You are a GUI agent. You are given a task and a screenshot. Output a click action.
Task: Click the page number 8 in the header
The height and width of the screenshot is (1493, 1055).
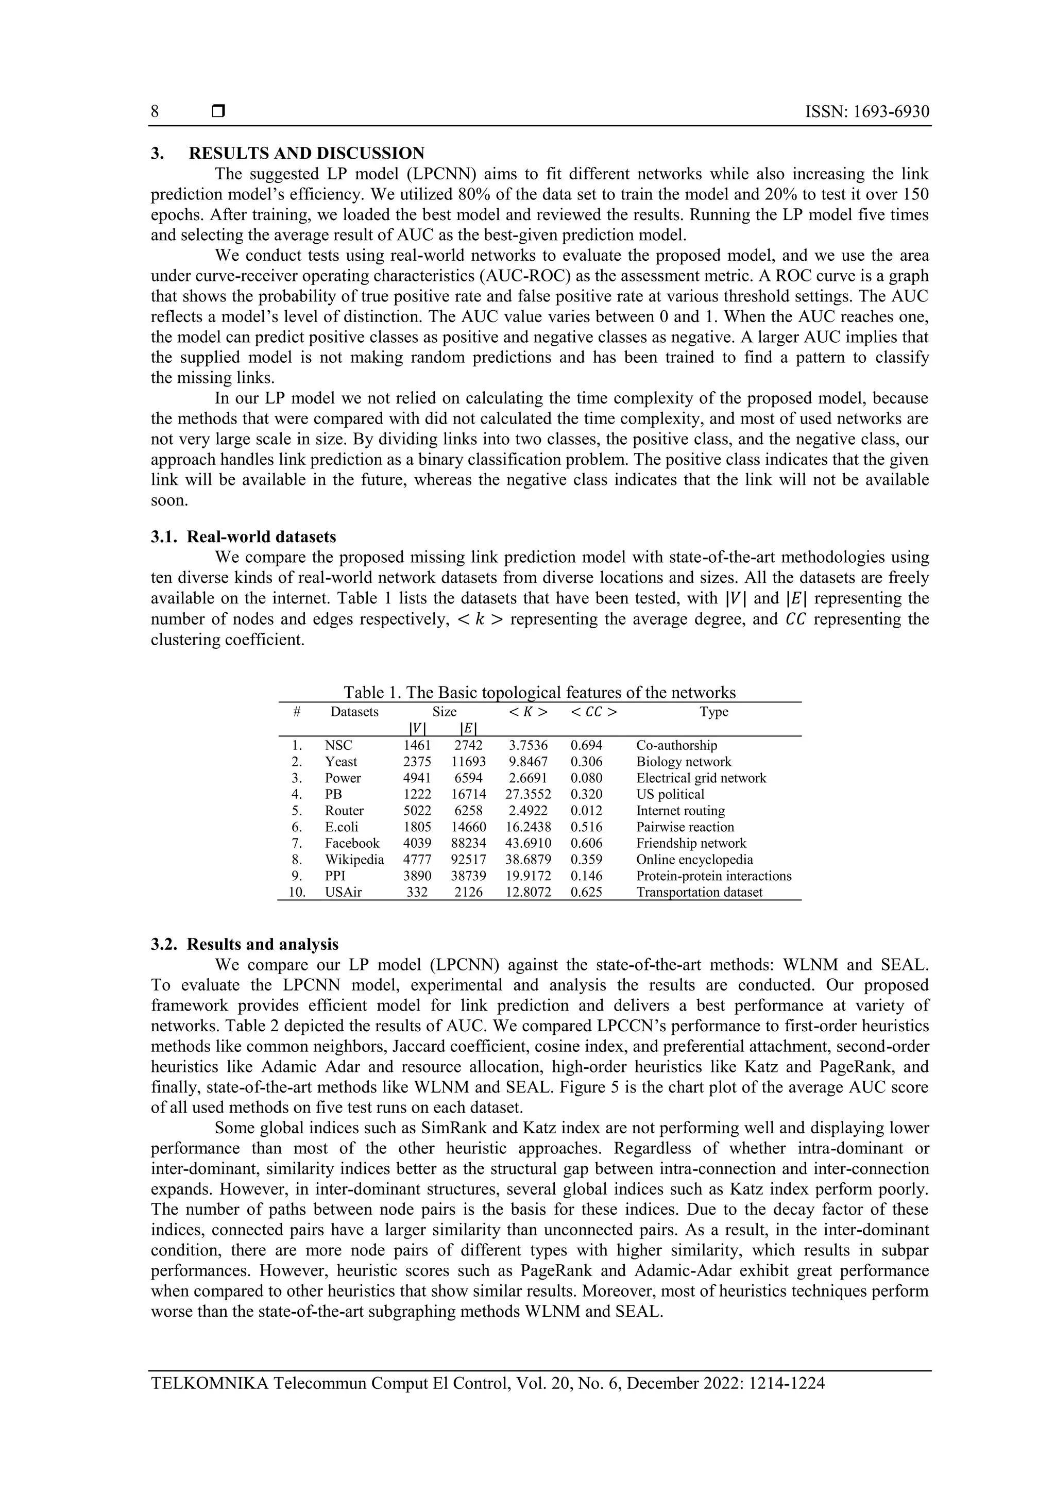click(x=155, y=112)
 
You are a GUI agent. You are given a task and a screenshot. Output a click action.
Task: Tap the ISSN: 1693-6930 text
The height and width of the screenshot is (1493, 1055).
click(x=866, y=112)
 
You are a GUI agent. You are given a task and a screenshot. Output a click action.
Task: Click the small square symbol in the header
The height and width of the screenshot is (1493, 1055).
click(x=218, y=112)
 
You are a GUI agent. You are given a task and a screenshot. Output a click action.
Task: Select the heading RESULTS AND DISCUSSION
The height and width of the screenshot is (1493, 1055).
click(x=306, y=154)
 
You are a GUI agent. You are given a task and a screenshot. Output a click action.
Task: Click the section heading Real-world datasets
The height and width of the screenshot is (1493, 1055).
click(x=261, y=537)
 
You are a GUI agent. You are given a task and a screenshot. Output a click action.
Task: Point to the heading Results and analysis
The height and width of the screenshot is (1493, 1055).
click(x=263, y=944)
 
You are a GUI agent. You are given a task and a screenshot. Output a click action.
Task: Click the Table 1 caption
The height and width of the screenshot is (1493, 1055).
click(x=539, y=692)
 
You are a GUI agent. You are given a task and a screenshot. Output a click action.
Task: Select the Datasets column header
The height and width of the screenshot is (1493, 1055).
click(x=354, y=711)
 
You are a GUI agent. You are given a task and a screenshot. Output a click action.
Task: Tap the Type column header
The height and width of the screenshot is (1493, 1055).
click(x=714, y=711)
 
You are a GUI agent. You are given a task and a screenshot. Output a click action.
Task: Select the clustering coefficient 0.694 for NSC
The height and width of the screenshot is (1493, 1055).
click(x=586, y=746)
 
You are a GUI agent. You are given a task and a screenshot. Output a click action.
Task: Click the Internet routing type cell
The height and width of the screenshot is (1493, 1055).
click(x=680, y=811)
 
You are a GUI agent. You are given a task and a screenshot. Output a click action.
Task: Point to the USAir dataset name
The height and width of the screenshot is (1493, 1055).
click(x=343, y=892)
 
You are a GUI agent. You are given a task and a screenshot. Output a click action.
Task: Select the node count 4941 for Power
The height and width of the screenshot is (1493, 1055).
click(x=417, y=778)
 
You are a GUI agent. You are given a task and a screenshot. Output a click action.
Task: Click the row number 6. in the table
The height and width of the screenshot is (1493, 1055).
click(x=297, y=827)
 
